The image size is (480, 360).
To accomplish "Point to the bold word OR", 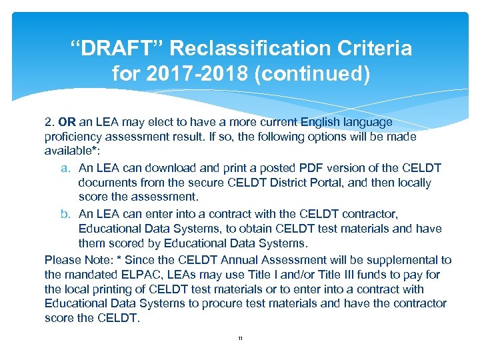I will tap(67, 122).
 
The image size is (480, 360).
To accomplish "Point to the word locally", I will tap(411, 183).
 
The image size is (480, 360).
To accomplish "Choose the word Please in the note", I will tap(62, 260).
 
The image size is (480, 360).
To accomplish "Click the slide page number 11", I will tap(240, 339).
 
